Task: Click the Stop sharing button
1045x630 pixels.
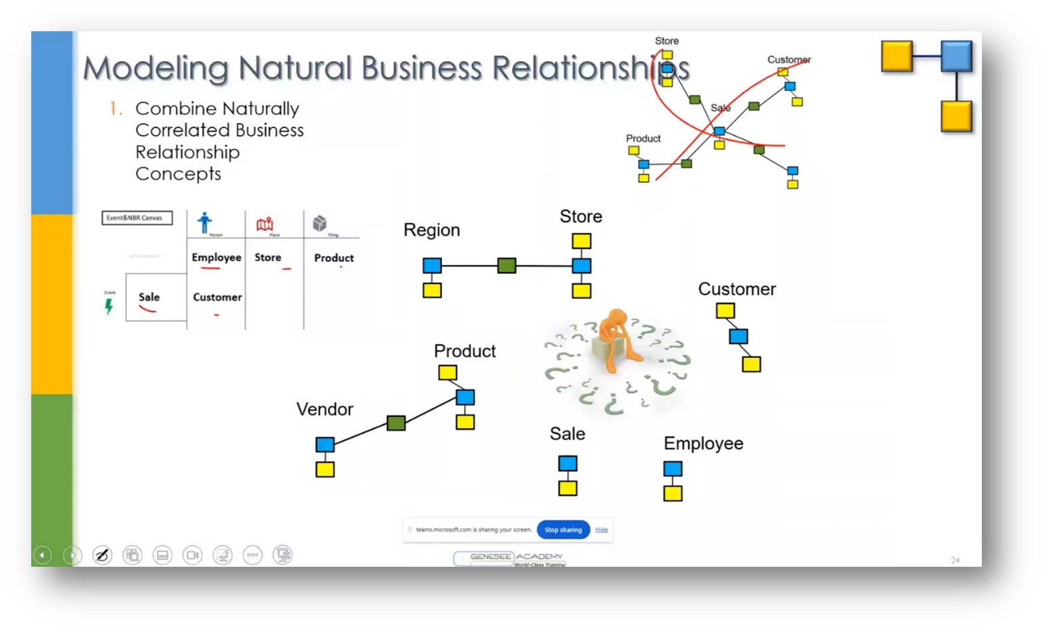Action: point(563,530)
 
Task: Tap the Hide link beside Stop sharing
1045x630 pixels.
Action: point(602,530)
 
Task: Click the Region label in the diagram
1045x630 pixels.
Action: point(431,230)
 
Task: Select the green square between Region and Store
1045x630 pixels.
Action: point(507,266)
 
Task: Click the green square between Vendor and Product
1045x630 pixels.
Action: point(396,423)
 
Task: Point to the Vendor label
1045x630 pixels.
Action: point(324,409)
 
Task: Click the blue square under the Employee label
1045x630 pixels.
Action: point(673,468)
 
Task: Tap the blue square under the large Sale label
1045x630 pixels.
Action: point(568,463)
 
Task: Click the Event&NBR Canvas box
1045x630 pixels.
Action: point(137,218)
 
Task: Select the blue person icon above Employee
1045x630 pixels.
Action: point(205,222)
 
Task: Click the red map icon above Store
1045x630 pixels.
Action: point(265,224)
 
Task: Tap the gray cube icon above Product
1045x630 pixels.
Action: point(320,223)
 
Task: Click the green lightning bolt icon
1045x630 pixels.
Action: point(109,306)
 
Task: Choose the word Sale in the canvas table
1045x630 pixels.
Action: point(149,297)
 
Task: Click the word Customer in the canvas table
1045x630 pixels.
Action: point(217,297)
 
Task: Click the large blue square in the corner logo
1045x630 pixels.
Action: point(957,56)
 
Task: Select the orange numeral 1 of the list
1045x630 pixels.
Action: point(115,108)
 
